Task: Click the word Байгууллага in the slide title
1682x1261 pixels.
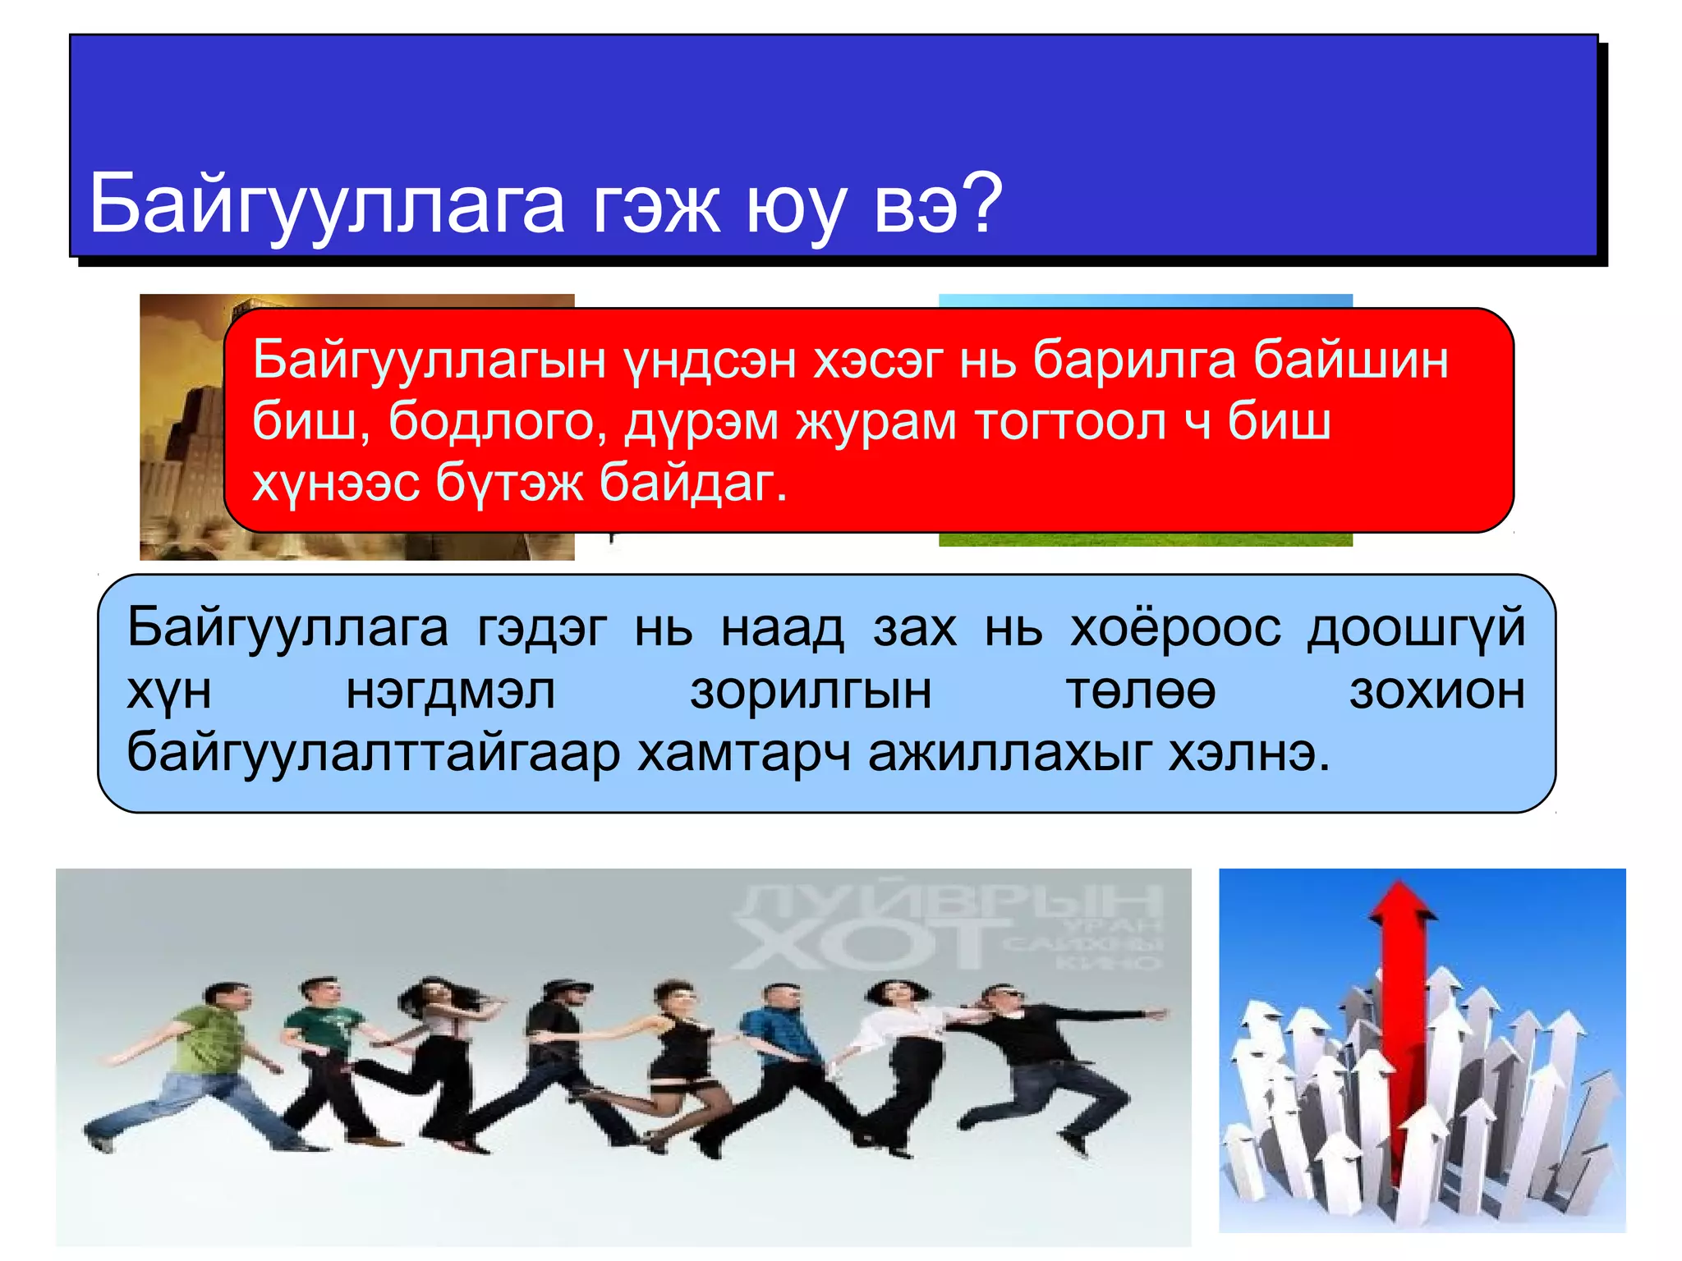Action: coord(327,204)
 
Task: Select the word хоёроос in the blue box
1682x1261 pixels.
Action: coord(1175,630)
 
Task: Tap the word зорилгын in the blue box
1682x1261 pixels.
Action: coord(811,691)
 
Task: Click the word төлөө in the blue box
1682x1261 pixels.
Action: coord(1141,691)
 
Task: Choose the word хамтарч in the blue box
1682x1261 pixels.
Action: coord(743,753)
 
